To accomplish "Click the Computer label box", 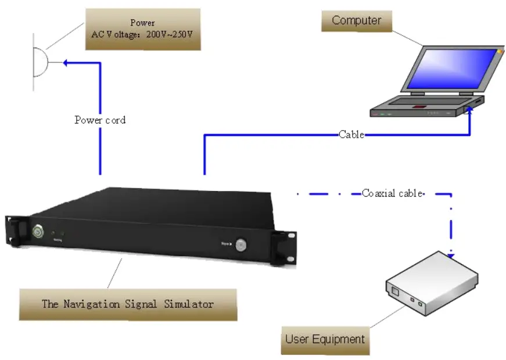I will (356, 21).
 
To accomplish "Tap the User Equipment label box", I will (325, 339).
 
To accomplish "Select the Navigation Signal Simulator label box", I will (128, 304).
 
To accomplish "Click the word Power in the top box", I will (142, 23).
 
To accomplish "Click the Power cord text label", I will (100, 120).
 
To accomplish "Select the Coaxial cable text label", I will (392, 193).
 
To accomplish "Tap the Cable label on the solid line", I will (351, 135).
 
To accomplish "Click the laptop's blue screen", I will (453, 68).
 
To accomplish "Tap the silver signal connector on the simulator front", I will (240, 244).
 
